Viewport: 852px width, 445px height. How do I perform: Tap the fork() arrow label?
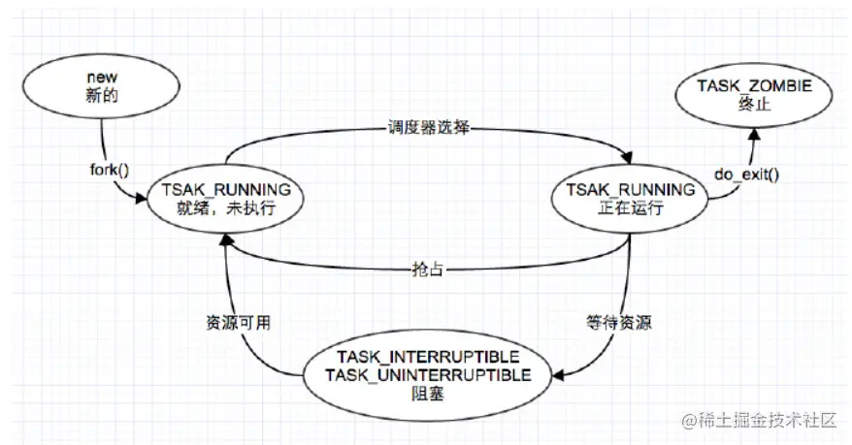[x=106, y=171]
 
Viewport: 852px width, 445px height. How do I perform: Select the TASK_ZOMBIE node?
[x=754, y=95]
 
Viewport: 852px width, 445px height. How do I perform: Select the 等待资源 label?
[x=618, y=324]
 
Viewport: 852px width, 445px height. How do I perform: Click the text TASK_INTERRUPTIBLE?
[x=428, y=355]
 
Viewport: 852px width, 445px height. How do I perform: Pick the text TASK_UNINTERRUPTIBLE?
[x=428, y=374]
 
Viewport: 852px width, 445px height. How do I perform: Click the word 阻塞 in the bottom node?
[x=428, y=395]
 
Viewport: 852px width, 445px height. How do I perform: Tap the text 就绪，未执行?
[x=224, y=208]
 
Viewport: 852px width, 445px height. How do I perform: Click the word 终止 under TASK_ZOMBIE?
[x=754, y=104]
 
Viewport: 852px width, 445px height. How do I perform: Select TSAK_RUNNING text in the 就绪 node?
[x=224, y=190]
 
